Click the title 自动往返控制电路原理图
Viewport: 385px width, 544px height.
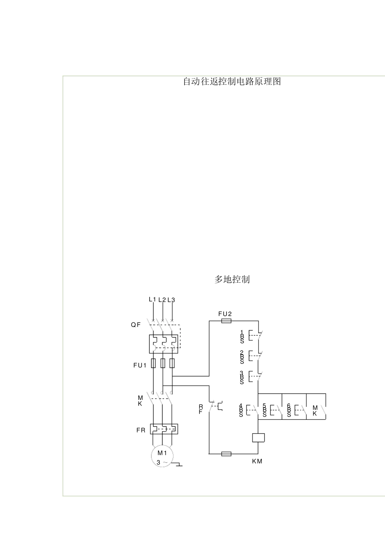point(232,82)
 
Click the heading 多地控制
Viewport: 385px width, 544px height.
point(232,279)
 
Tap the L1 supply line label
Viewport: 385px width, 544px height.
point(152,299)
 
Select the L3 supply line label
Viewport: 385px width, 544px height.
point(171,300)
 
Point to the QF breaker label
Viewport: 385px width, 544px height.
point(136,325)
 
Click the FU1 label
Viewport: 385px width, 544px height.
point(139,365)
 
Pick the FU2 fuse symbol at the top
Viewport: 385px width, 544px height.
point(226,321)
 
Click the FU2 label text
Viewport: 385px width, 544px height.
point(225,314)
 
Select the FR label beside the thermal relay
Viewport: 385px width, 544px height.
point(141,430)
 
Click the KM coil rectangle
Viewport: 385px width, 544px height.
point(258,437)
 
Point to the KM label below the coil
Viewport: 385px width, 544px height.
point(257,461)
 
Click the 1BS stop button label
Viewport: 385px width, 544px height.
point(242,336)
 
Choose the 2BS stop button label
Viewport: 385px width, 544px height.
point(242,357)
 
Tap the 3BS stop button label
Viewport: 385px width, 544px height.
point(242,377)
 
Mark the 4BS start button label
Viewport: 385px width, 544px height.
point(241,410)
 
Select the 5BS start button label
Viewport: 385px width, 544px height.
point(265,410)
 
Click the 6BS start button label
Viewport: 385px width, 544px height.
point(289,410)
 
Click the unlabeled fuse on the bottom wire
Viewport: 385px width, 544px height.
point(226,454)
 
